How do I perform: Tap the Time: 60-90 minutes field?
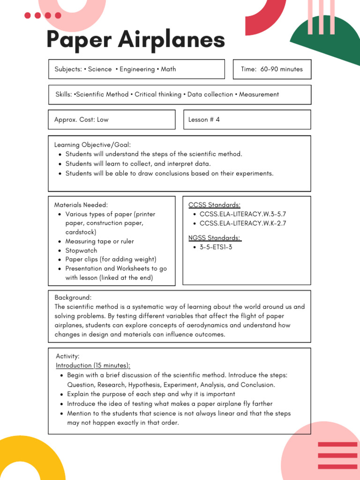272,69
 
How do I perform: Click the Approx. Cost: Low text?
81,120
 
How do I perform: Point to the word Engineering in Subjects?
137,69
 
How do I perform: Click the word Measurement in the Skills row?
259,94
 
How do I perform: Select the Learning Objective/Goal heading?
93,145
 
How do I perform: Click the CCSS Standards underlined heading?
214,205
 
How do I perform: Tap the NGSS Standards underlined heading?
215,238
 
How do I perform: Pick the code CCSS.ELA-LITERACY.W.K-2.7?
242,223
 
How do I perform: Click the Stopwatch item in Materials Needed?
81,250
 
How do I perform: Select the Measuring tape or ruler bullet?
99,241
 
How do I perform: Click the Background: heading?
73,298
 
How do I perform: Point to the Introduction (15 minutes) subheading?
93,366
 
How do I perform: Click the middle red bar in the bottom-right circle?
337,455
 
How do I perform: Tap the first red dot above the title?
28,15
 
